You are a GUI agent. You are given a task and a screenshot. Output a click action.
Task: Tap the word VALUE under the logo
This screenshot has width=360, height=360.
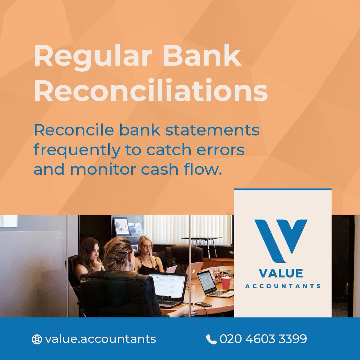point(281,273)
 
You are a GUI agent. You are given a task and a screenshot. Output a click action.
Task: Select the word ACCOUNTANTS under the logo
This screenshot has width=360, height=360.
point(283,286)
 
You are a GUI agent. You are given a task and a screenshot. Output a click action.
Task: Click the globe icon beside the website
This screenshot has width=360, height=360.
point(37,339)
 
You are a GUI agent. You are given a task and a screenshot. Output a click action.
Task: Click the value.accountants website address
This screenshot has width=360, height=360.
point(100,339)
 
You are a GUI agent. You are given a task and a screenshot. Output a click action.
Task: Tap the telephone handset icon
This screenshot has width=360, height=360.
point(211,339)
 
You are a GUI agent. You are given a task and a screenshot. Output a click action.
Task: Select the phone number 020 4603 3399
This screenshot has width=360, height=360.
point(263,339)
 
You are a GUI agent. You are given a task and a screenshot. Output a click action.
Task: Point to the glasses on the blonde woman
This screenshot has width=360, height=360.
point(147,247)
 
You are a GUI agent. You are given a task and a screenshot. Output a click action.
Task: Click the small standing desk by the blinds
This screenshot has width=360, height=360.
point(207,240)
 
